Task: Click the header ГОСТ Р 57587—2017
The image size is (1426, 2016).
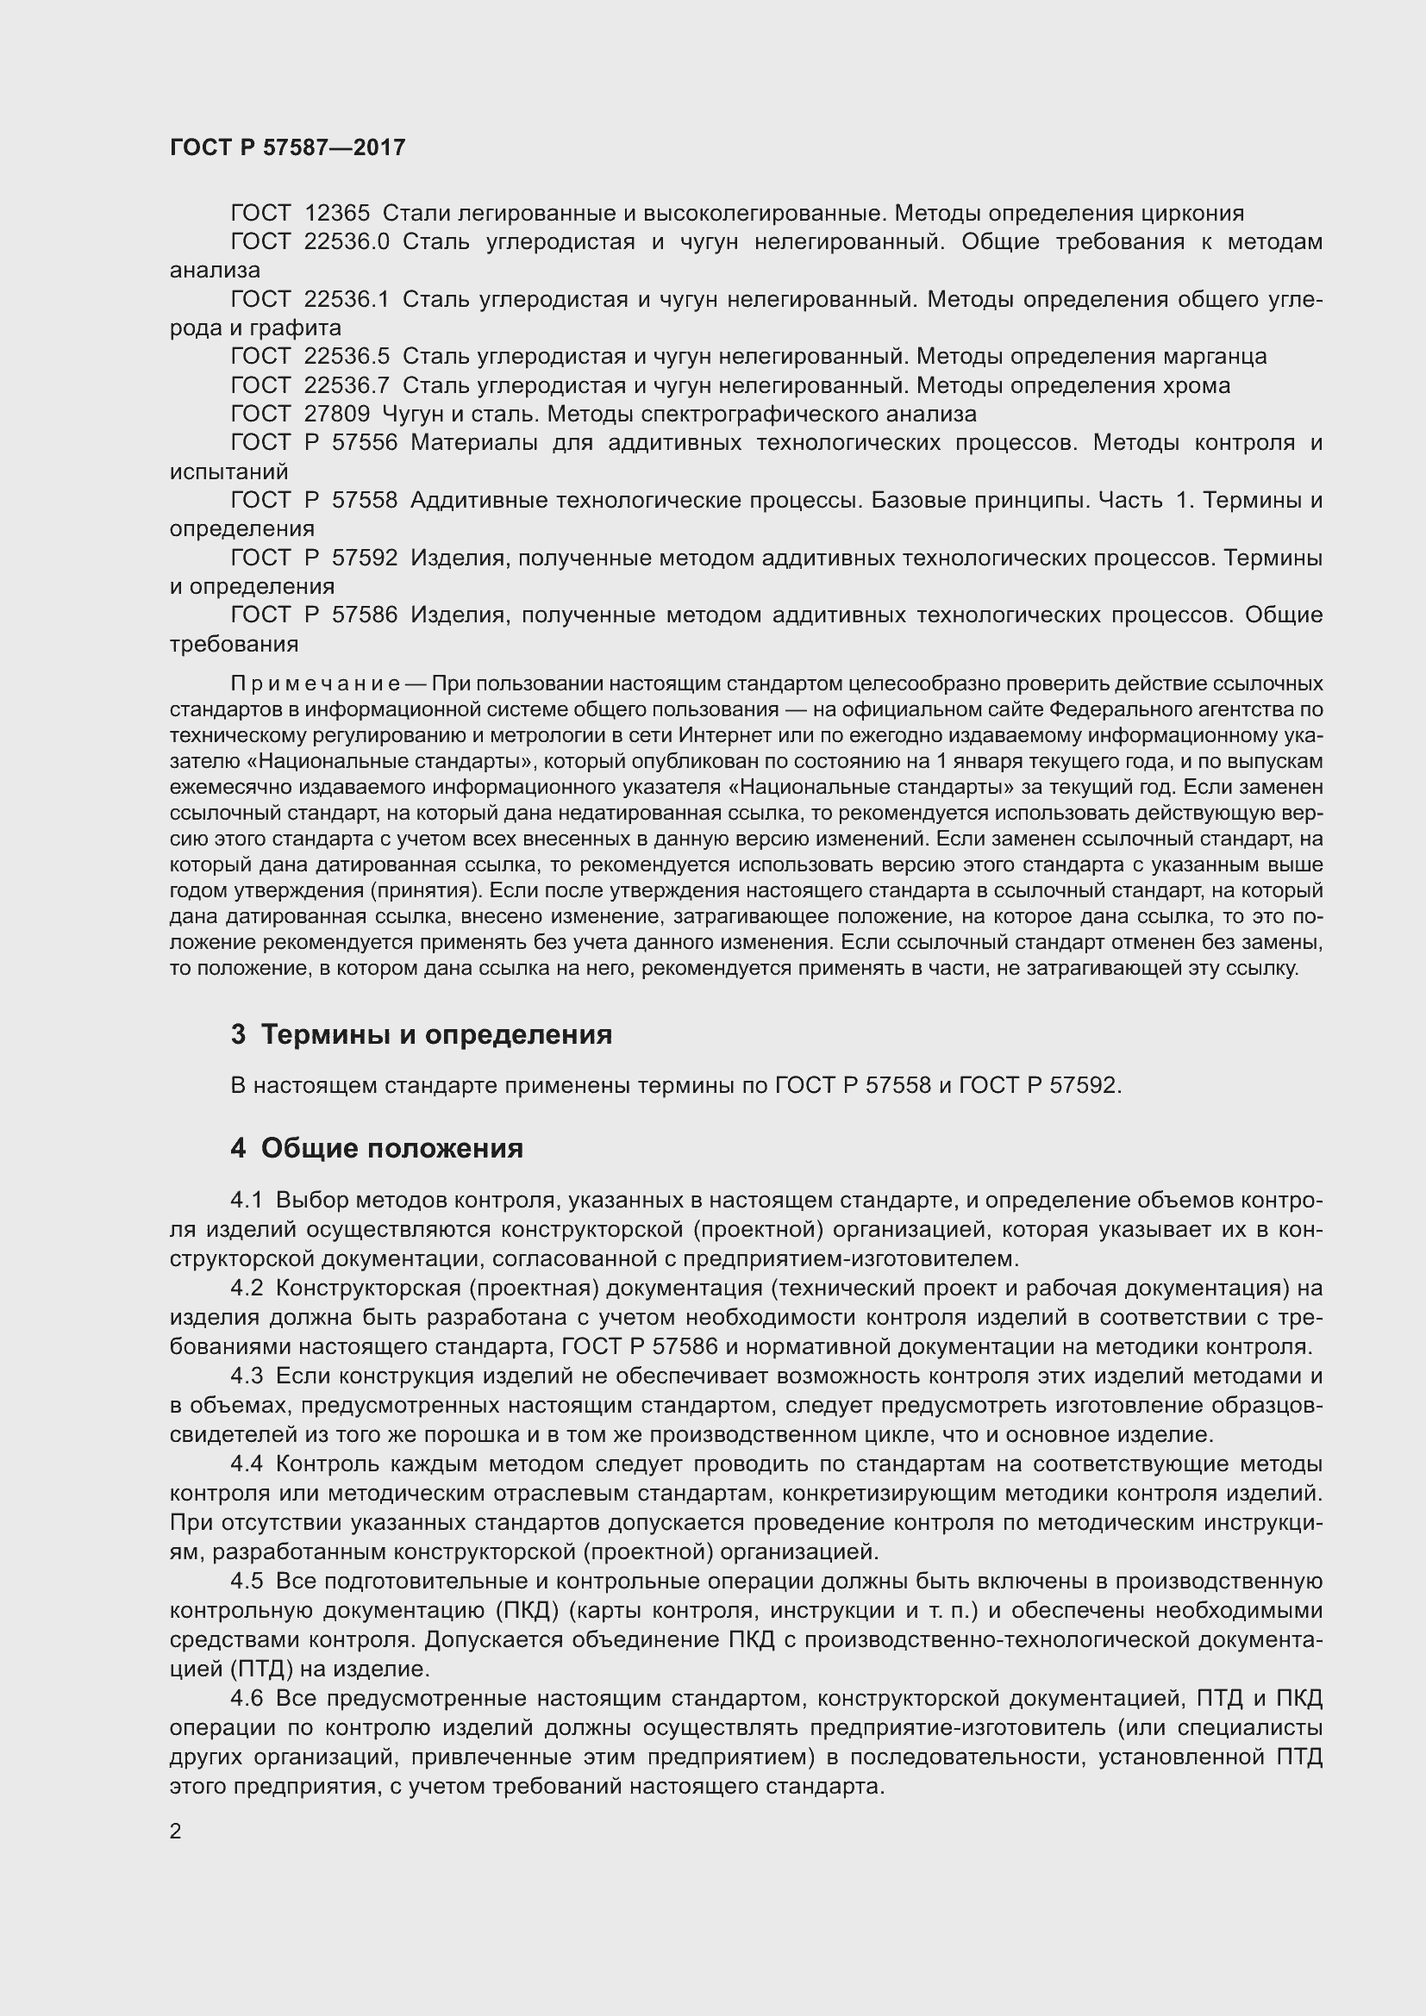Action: pos(287,147)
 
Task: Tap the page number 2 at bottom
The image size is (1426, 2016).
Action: pos(176,1832)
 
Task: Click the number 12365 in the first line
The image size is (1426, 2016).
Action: pos(337,214)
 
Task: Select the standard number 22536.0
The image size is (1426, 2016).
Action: pos(347,241)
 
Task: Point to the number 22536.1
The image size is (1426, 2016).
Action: pos(347,299)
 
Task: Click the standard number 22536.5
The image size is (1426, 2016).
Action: pos(347,357)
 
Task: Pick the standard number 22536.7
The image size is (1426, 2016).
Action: pos(347,385)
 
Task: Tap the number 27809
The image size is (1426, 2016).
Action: pos(337,414)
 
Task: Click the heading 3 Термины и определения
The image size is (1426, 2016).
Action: pos(422,1034)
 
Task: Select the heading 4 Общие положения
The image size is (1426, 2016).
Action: pos(377,1148)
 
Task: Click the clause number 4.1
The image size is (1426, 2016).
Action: pos(247,1201)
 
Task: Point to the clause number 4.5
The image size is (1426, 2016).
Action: pos(247,1582)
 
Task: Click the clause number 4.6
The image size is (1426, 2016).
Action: pos(247,1699)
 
